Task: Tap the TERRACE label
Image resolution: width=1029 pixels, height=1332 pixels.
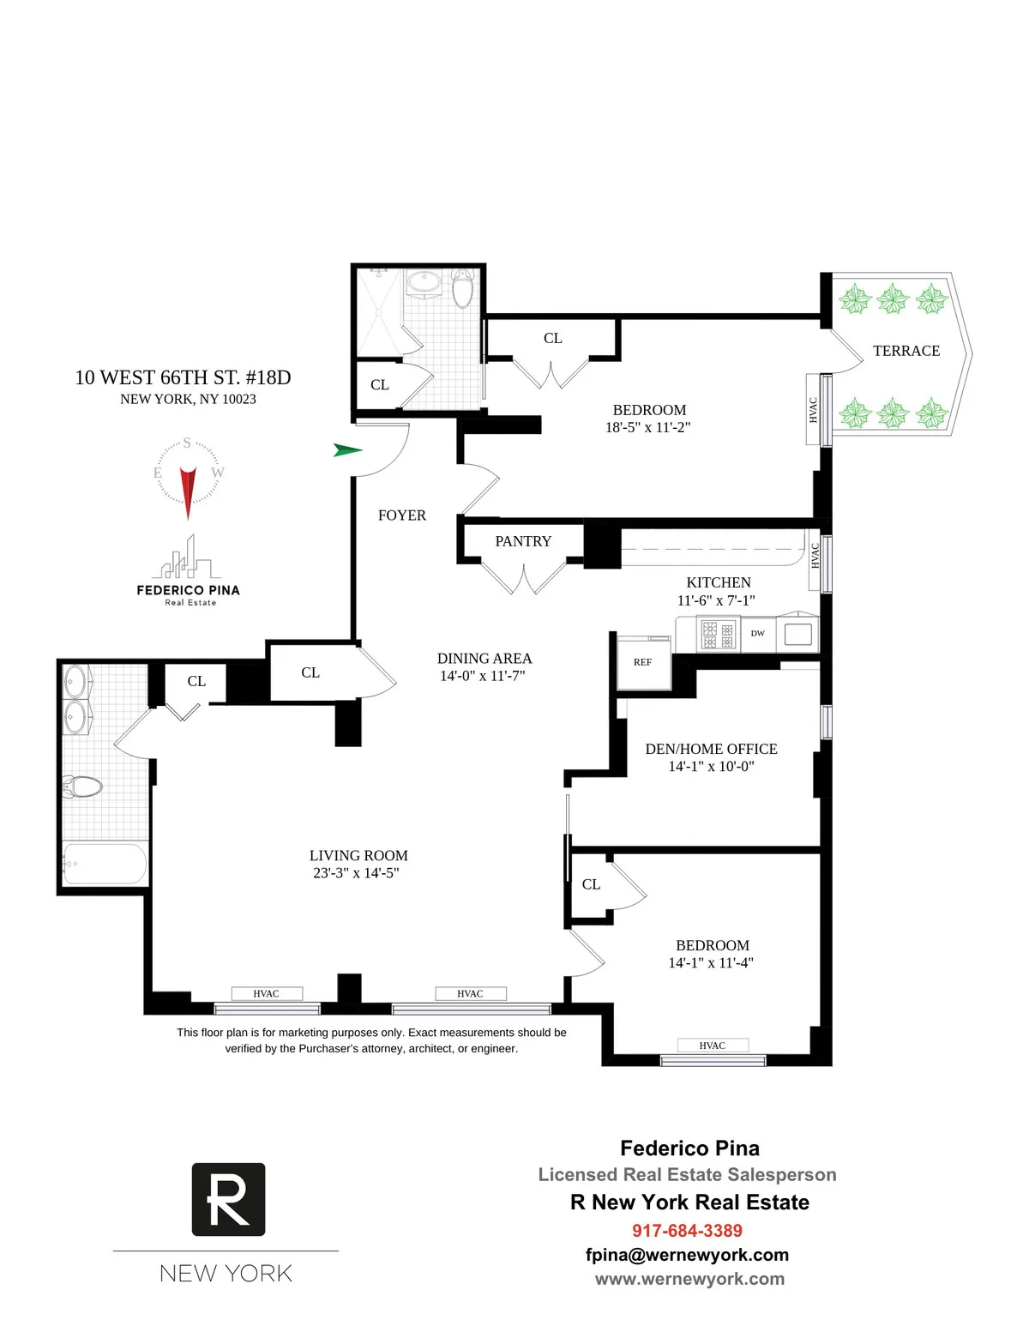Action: coord(906,351)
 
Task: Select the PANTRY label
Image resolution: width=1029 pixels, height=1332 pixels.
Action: coord(523,541)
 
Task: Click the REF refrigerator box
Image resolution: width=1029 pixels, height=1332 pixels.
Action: coord(643,662)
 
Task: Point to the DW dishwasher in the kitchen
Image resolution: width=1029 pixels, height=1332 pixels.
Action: coord(758,634)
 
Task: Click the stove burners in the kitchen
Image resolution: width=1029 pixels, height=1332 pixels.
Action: coord(718,635)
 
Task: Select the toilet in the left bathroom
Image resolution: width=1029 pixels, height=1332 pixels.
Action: coord(82,786)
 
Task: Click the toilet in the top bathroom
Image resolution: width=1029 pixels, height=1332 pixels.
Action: coord(463,290)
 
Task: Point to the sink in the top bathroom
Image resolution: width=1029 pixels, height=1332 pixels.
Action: coord(424,282)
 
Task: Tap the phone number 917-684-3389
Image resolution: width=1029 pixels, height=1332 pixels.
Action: coord(687,1231)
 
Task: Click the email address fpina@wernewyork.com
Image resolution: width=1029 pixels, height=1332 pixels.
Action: coord(687,1255)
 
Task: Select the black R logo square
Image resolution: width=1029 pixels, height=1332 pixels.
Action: coord(228,1199)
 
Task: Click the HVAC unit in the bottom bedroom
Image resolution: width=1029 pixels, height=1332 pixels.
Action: coord(713,1046)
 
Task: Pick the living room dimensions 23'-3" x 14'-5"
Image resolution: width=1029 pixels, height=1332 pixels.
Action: coord(356,873)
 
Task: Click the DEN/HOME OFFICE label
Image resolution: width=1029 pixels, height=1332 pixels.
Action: coord(711,749)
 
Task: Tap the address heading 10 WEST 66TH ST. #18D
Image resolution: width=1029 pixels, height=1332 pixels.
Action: coord(183,377)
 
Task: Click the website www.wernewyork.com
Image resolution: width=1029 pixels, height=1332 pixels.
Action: coord(689,1279)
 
